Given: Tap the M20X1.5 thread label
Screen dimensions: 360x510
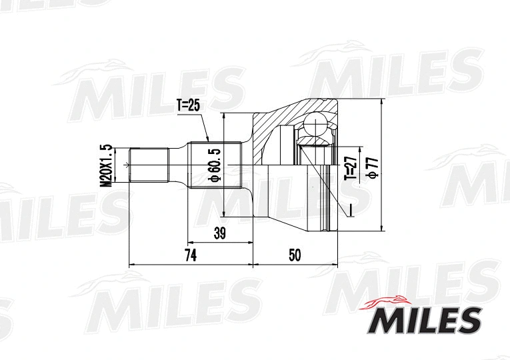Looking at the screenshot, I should (x=105, y=165).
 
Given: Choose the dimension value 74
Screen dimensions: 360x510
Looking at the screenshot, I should (x=190, y=255).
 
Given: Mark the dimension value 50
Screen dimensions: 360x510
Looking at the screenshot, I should (x=295, y=255).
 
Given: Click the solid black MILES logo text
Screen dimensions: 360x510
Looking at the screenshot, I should (x=424, y=320).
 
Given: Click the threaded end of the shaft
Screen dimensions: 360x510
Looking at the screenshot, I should (x=147, y=165).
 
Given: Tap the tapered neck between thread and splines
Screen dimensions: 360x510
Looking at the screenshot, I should (x=178, y=165).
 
